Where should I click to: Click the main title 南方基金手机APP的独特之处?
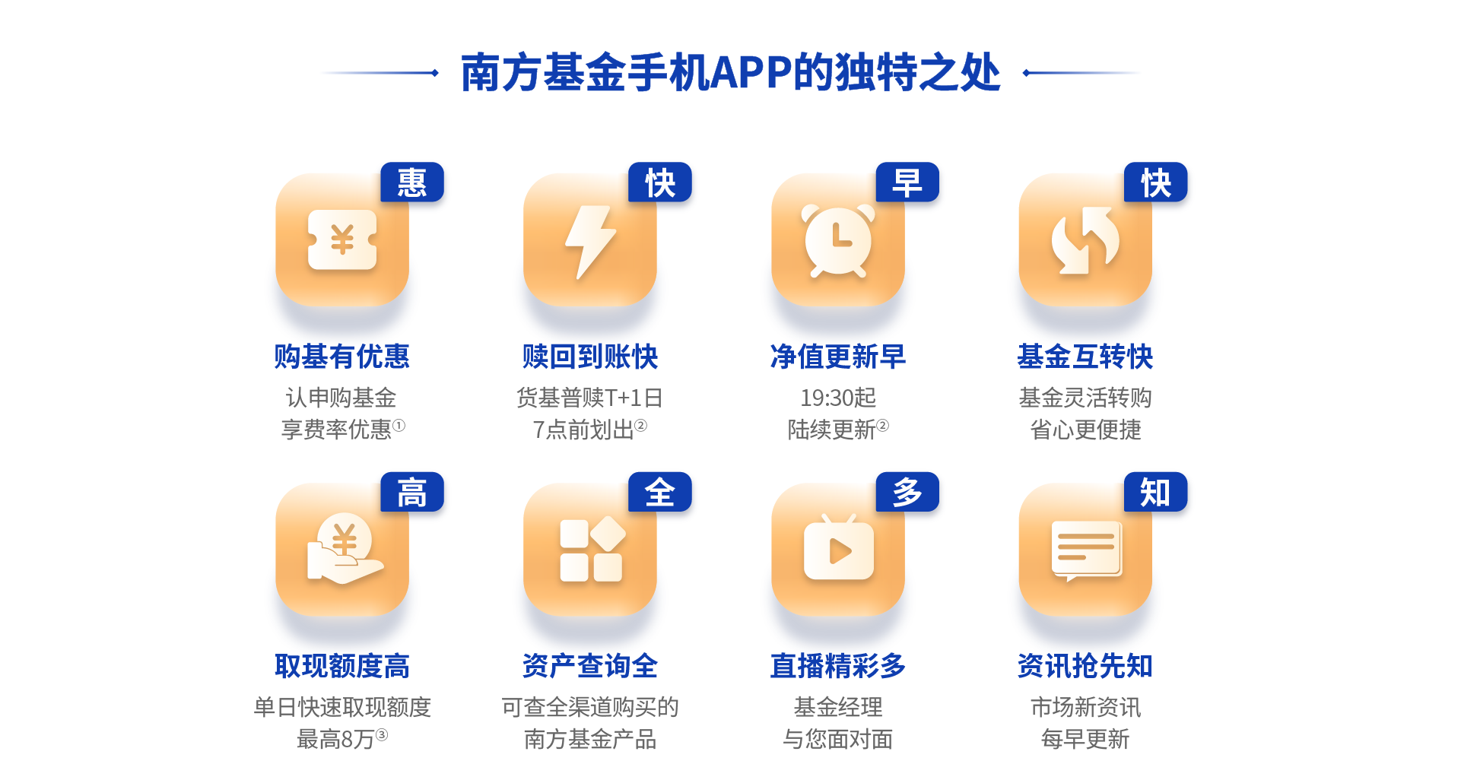click(730, 73)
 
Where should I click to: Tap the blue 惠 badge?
click(412, 182)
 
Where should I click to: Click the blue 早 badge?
click(907, 182)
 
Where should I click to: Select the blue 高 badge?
click(412, 492)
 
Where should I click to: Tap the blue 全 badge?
click(660, 492)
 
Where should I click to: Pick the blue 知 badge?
click(1155, 492)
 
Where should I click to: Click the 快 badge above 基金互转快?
click(1155, 182)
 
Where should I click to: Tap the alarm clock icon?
click(838, 240)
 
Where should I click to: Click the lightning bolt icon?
click(590, 242)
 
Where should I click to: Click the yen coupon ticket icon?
click(342, 240)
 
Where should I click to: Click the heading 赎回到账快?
click(590, 357)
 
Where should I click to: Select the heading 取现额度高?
click(342, 666)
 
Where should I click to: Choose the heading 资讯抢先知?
click(1085, 666)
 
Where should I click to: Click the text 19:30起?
click(838, 398)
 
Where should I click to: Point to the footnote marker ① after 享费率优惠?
click(399, 426)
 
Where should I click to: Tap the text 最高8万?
click(335, 739)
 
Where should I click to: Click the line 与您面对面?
click(838, 739)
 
